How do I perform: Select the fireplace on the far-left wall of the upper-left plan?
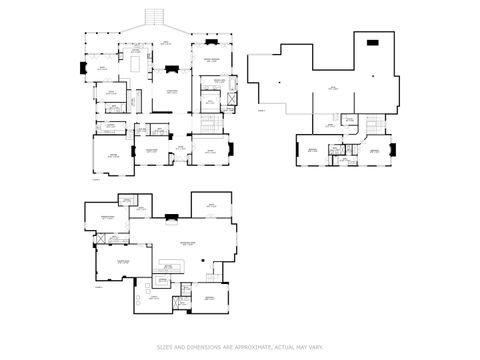click(x=82, y=68)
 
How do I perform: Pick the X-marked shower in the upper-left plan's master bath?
click(x=233, y=101)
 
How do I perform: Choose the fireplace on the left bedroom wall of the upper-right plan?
click(x=296, y=151)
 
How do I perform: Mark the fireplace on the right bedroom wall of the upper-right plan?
click(x=392, y=150)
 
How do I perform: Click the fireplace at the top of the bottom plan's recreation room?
click(x=172, y=216)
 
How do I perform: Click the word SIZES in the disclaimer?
click(x=163, y=348)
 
